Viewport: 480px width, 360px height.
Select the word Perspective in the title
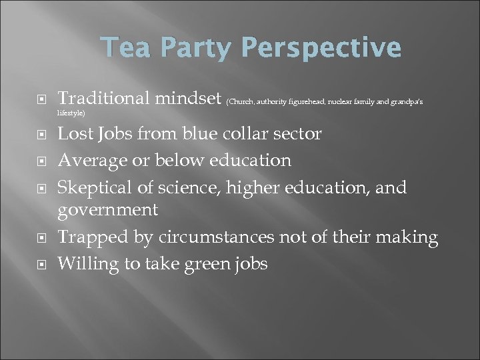321,48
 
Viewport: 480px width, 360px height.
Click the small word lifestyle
71,113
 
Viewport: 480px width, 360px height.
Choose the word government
108,211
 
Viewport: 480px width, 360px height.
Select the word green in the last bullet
201,264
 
